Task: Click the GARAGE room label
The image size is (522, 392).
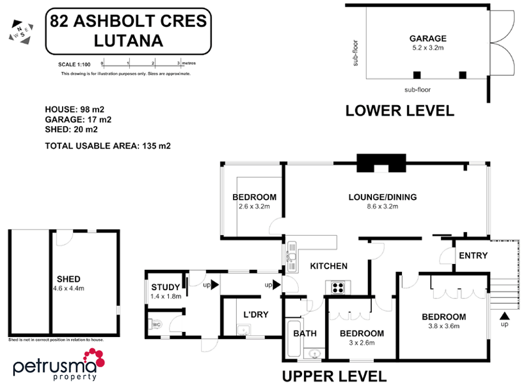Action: point(427,39)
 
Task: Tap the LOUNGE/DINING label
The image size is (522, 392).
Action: point(382,197)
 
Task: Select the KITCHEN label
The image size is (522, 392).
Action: point(328,266)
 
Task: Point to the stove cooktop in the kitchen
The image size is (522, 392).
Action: point(339,286)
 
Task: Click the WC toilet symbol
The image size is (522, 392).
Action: point(156,323)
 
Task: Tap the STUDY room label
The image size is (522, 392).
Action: point(165,287)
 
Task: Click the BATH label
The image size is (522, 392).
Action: point(305,333)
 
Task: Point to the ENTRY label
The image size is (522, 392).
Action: point(473,255)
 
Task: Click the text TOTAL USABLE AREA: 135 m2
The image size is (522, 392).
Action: point(108,146)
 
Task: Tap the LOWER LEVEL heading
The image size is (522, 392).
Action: point(399,110)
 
